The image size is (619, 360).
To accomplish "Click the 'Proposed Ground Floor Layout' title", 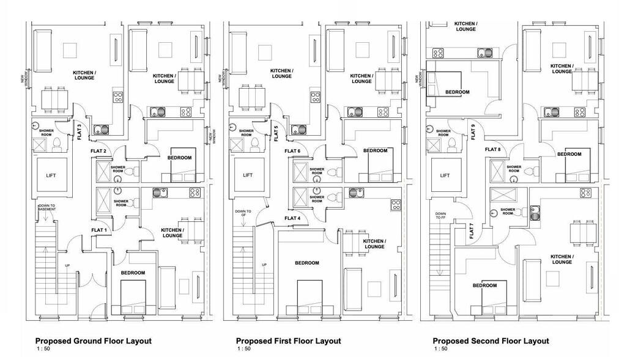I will click(x=93, y=341).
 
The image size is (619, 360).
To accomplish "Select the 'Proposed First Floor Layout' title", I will click(x=288, y=341).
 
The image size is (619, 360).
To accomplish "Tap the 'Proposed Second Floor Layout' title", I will click(x=491, y=341).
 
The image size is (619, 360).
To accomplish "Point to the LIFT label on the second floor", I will click(x=445, y=175).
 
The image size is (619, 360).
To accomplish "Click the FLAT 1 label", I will click(x=99, y=230).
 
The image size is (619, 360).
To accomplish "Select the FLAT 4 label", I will click(x=292, y=218).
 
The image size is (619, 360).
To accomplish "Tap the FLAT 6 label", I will click(x=292, y=151).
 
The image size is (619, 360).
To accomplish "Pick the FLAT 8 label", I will click(x=493, y=149).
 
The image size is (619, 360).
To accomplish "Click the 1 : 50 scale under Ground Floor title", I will click(x=42, y=350).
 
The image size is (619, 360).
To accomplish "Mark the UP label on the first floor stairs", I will click(x=264, y=265).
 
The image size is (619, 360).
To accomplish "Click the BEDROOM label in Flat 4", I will click(x=307, y=263).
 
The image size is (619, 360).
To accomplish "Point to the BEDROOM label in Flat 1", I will click(x=133, y=273).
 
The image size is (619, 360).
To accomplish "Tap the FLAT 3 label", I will click(x=80, y=131).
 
